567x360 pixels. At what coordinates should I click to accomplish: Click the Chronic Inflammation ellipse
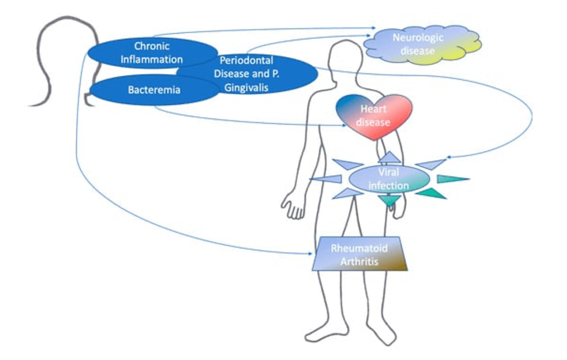[138, 53]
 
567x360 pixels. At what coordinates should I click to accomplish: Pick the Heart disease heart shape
[374, 116]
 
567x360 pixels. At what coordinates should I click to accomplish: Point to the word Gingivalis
[246, 88]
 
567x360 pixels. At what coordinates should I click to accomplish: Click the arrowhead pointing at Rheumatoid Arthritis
[310, 254]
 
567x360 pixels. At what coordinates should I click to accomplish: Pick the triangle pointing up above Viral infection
[390, 157]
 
